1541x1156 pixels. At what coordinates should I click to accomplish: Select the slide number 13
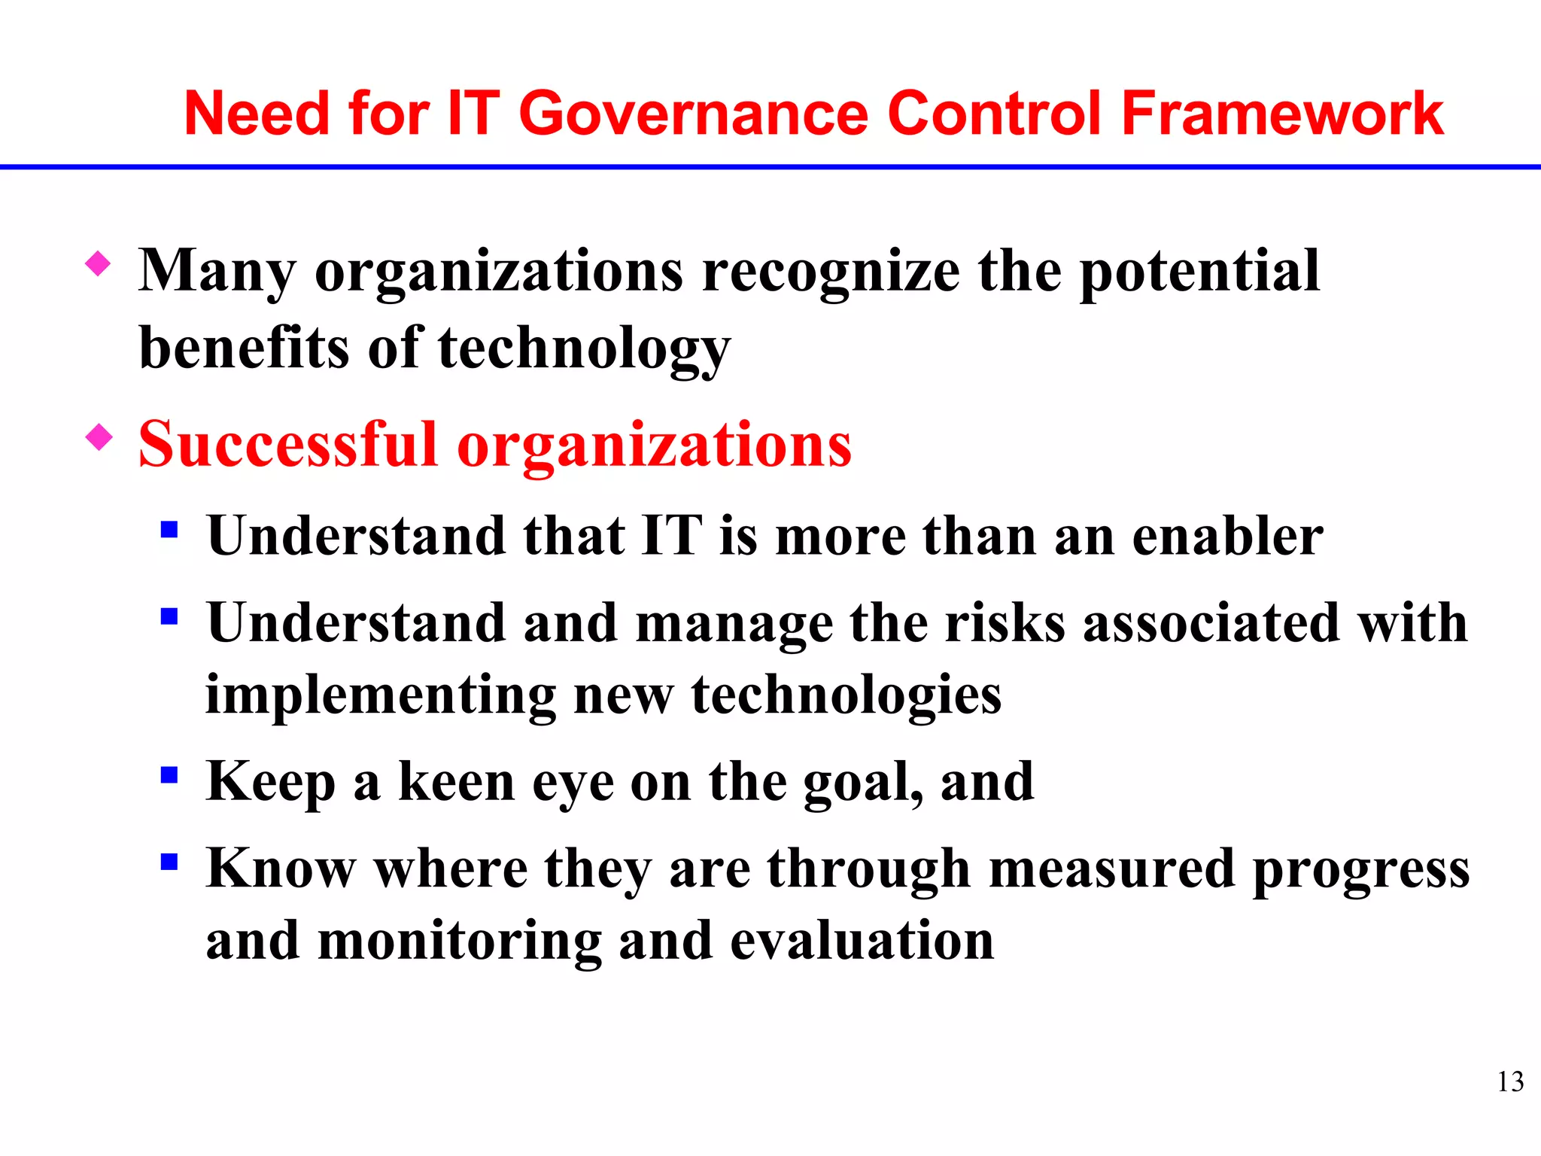pos(1510,1081)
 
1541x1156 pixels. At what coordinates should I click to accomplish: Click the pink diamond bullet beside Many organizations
pos(99,263)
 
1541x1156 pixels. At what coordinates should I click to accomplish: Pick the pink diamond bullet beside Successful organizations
pos(99,437)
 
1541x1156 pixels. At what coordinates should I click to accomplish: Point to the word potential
pos(1199,272)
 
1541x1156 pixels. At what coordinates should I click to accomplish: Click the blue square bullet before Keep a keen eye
pos(169,774)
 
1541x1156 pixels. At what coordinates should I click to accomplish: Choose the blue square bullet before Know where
pos(169,862)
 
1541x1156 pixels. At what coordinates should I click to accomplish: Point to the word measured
pos(1111,869)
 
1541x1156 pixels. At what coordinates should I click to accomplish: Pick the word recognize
pos(831,272)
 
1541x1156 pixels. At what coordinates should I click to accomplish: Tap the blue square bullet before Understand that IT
pos(169,530)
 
